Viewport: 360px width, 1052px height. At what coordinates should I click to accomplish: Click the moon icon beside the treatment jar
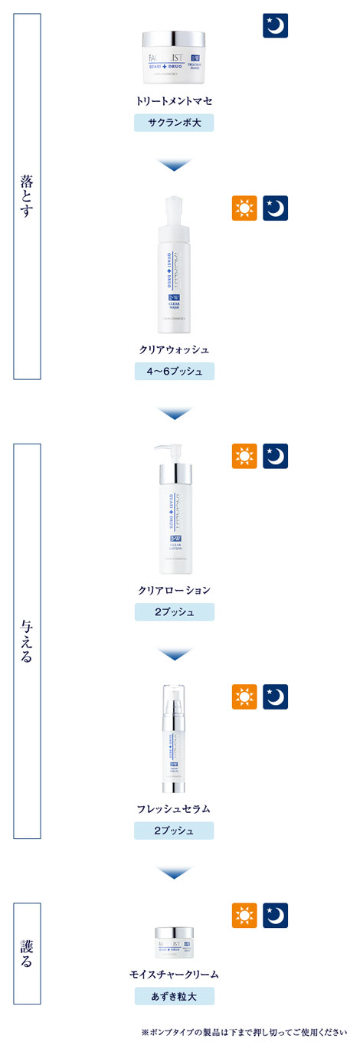(275, 25)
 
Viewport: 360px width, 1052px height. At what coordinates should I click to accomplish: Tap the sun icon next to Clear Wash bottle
(244, 208)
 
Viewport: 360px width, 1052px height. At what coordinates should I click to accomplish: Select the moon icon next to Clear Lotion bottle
(275, 456)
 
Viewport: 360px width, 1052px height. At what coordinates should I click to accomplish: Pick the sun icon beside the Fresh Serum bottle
(244, 696)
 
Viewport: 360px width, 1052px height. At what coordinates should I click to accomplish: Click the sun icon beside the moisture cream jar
(244, 916)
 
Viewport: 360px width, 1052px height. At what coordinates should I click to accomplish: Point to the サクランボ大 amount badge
(174, 123)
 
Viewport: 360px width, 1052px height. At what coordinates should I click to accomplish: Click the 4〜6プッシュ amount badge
(174, 371)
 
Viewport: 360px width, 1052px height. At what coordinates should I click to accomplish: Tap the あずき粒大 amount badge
(174, 996)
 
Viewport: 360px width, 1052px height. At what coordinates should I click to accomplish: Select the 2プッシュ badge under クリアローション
(174, 612)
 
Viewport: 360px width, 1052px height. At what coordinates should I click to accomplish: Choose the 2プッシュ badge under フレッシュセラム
(174, 831)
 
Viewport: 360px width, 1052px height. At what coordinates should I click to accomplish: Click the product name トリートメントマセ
(174, 100)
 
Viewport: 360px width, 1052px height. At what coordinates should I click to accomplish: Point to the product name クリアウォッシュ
(174, 349)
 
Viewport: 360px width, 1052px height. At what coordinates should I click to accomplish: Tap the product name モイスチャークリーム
(174, 975)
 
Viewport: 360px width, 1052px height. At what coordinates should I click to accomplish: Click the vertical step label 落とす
(27, 196)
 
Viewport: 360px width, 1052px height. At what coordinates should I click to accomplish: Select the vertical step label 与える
(27, 641)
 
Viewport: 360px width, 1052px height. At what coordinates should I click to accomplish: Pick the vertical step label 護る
(27, 952)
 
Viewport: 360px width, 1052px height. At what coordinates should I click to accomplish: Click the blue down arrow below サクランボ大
(174, 165)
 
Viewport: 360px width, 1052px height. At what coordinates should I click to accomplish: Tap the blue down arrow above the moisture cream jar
(174, 872)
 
